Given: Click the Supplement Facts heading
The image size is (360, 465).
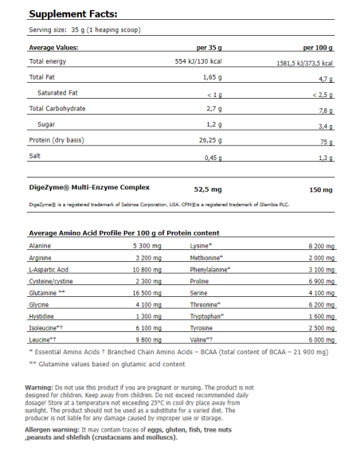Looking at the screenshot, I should pos(73,14).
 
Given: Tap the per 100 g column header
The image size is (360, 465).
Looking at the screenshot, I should pos(317,47).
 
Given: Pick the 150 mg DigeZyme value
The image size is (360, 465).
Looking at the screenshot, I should pos(321,189).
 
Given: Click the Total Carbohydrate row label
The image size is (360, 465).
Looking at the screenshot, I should pos(57,108).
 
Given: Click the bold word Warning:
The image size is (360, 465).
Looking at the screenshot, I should pos(41,388).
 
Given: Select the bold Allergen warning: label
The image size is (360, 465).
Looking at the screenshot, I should pos(55,430).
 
